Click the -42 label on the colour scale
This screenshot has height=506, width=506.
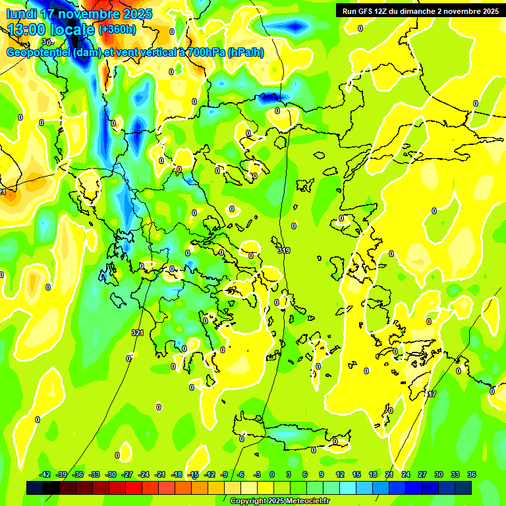[45, 474]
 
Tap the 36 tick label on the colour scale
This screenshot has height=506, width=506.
[472, 474]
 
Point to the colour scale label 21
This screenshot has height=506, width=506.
[389, 474]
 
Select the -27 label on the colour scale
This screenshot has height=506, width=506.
[128, 474]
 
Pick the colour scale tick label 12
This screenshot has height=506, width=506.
[340, 474]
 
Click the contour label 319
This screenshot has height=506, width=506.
[284, 250]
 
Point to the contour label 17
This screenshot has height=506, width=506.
[432, 394]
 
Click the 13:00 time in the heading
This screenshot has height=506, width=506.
[27, 28]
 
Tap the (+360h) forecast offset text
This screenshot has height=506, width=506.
[117, 29]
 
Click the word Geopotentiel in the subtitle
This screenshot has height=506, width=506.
[38, 53]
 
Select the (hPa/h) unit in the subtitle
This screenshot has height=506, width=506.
[246, 53]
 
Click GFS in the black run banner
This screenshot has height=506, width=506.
[370, 11]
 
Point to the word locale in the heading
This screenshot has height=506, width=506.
[74, 28]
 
